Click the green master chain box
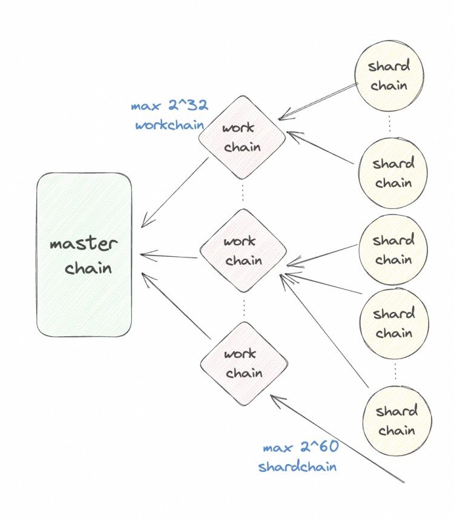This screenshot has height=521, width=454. [84, 255]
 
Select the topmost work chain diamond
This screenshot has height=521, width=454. [242, 137]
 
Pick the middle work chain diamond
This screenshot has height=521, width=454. [243, 251]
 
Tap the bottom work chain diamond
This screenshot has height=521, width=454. [244, 363]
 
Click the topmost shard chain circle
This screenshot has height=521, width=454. [389, 75]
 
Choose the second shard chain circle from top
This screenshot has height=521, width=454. [393, 173]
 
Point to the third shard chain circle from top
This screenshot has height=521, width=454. [393, 250]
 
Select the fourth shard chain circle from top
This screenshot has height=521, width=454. [394, 324]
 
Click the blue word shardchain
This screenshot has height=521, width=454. [297, 467]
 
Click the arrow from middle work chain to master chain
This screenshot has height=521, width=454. [169, 256]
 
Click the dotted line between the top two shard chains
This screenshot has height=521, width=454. [390, 124]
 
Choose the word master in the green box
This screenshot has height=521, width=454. [84, 245]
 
